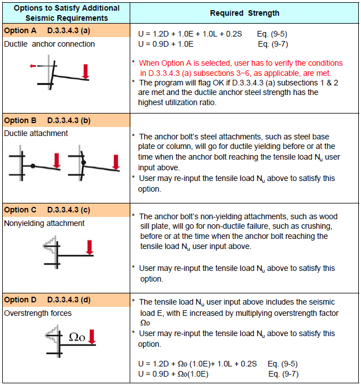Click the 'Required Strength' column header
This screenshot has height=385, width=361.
244,13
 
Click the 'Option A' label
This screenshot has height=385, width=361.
20,30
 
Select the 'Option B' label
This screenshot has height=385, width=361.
20,120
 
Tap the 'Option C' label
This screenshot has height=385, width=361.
20,210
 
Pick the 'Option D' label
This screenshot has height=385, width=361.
20,300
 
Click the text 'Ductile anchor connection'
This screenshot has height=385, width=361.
49,44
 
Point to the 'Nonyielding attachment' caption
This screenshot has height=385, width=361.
44,223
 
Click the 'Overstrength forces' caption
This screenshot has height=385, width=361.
38,313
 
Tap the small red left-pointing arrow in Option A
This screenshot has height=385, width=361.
35,66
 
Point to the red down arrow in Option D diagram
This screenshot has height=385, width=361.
93,337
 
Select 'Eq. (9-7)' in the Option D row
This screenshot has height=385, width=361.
283,374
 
